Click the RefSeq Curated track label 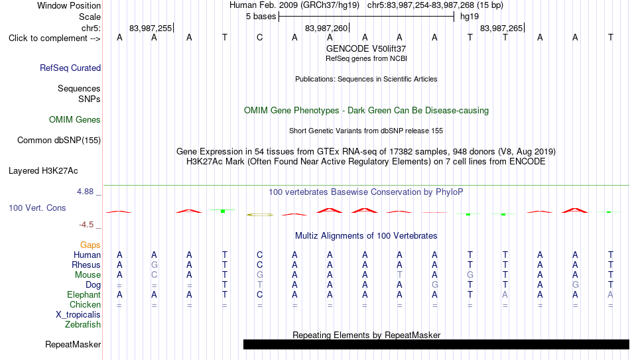(x=70, y=68)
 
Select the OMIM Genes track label (x=75, y=120)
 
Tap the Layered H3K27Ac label (x=43, y=171)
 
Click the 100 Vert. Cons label (x=37, y=208)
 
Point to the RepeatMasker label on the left (x=73, y=344)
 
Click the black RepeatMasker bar (x=436, y=344)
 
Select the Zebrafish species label (x=83, y=325)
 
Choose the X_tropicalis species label (x=78, y=315)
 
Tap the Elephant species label (x=84, y=294)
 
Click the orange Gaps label (x=90, y=245)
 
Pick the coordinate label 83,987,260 (x=326, y=28)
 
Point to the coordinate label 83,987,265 (x=501, y=28)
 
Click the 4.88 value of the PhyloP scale (x=86, y=192)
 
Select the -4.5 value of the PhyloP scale (x=86, y=225)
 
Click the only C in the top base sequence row (x=259, y=38)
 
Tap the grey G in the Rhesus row (x=155, y=265)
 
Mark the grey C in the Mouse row (x=155, y=275)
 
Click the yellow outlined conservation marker (x=260, y=215)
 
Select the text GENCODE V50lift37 (x=366, y=48)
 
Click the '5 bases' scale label (x=261, y=17)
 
